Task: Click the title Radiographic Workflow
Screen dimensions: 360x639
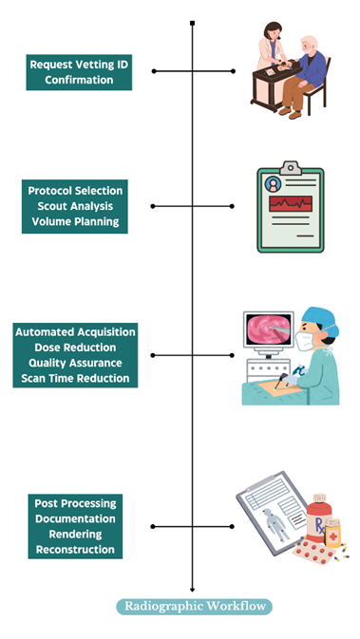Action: pos(195,606)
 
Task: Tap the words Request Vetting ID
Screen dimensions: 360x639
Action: pos(79,65)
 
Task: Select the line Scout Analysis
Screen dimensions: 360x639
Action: pos(75,206)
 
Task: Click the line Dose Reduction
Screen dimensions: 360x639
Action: pos(75,348)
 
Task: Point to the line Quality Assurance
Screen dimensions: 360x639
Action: pos(75,363)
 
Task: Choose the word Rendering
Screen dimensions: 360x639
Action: pos(75,534)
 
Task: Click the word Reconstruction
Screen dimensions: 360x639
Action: pos(75,550)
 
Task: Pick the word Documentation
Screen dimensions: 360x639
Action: pos(75,518)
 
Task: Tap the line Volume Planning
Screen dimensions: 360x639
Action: pos(75,221)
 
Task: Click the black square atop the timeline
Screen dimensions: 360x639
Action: pos(193,23)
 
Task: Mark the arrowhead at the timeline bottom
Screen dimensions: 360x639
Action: pos(193,590)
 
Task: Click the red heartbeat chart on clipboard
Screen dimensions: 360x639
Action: pos(291,203)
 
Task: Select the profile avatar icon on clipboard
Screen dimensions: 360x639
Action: pos(273,184)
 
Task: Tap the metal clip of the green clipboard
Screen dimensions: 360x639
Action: pos(291,167)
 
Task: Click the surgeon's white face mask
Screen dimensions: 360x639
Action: pos(305,341)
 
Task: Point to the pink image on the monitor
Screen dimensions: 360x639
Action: pos(269,330)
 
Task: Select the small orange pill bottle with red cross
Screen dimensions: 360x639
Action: pos(332,533)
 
